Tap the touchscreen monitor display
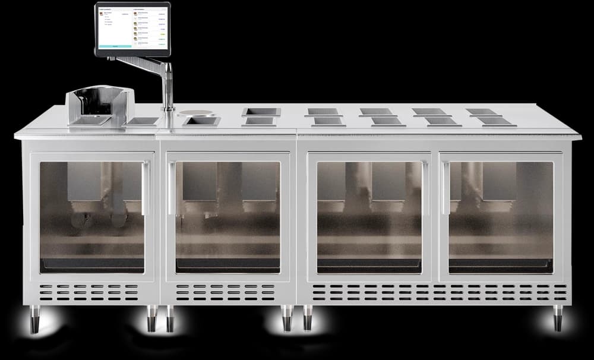coord(132,27)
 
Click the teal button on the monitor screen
coord(116,46)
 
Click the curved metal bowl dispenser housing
coord(99,106)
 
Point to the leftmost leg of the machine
coord(32,319)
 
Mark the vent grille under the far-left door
coord(89,292)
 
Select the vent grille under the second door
coord(226,292)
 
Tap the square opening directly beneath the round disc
coord(201,122)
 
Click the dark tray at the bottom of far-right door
coord(501,266)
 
